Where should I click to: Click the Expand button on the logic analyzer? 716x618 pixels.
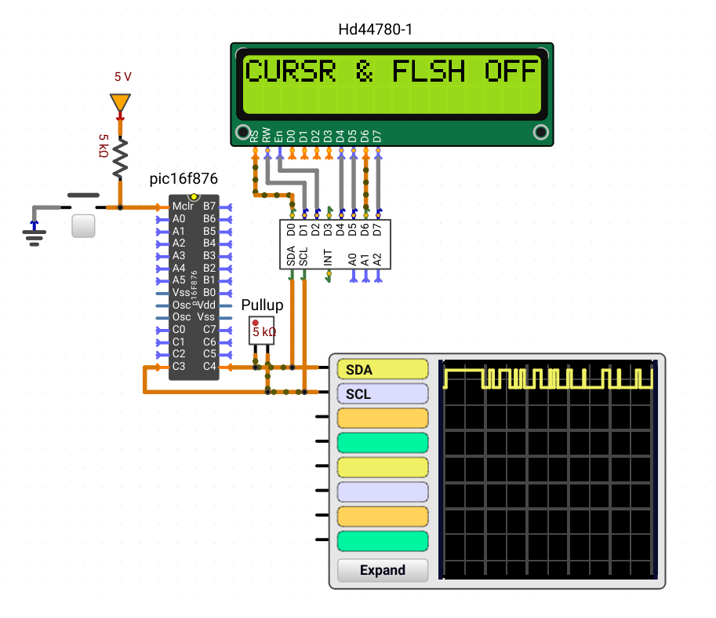click(x=383, y=570)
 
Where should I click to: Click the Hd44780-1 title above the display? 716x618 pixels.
click(x=376, y=30)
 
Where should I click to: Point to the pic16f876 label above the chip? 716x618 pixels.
click(x=184, y=179)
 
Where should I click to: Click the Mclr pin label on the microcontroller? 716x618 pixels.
click(x=183, y=207)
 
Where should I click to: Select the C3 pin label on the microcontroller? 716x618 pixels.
click(x=179, y=366)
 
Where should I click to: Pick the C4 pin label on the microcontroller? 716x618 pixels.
click(x=209, y=366)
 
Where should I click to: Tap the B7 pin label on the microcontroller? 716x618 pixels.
click(x=209, y=207)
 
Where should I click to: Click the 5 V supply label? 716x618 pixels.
click(x=123, y=77)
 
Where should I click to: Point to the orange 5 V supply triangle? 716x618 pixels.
click(x=120, y=102)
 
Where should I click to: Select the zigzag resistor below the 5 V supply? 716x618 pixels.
click(x=120, y=159)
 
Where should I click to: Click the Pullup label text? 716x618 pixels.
click(x=262, y=305)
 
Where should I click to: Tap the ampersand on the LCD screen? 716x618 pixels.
click(x=364, y=71)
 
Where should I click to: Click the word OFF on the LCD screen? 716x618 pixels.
click(x=511, y=71)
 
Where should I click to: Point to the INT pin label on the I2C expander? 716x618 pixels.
click(x=327, y=258)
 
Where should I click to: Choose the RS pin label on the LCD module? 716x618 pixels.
click(x=254, y=136)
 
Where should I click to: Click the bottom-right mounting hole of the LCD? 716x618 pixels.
click(x=540, y=132)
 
